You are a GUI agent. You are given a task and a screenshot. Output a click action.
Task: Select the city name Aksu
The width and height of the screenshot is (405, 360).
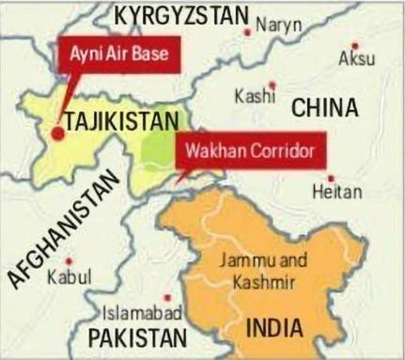(x=356, y=60)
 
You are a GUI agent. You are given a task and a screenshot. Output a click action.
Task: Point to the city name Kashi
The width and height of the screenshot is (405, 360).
(x=254, y=98)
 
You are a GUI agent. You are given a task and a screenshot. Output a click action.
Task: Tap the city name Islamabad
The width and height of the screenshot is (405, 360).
(x=141, y=312)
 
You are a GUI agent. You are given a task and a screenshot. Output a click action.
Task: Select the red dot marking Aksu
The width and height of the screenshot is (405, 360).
(x=354, y=43)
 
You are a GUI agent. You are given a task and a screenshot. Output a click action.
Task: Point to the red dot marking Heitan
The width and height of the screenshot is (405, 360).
(x=331, y=177)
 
